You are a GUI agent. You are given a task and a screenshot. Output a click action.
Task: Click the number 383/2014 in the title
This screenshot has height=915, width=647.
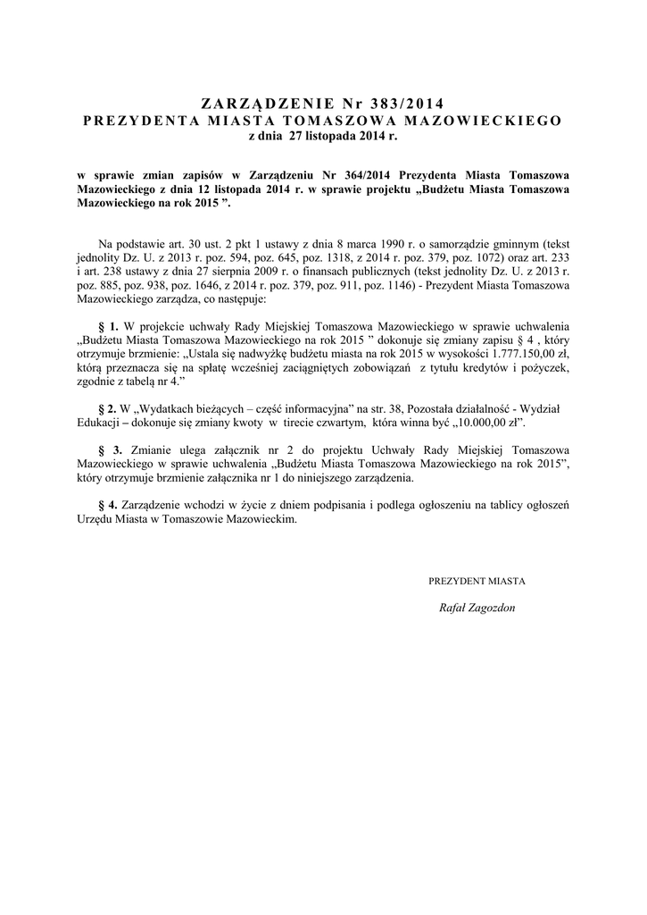pyautogui.click(x=403, y=103)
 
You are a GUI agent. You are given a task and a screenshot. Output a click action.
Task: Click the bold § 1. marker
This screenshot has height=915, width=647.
pyautogui.click(x=108, y=328)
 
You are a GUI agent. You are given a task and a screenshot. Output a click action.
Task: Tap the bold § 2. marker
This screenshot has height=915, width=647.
pyautogui.click(x=107, y=408)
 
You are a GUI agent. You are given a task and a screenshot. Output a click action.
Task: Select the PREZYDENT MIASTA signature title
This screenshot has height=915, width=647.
pyautogui.click(x=477, y=581)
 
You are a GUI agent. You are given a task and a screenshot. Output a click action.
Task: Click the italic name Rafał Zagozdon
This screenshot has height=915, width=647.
pyautogui.click(x=477, y=608)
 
